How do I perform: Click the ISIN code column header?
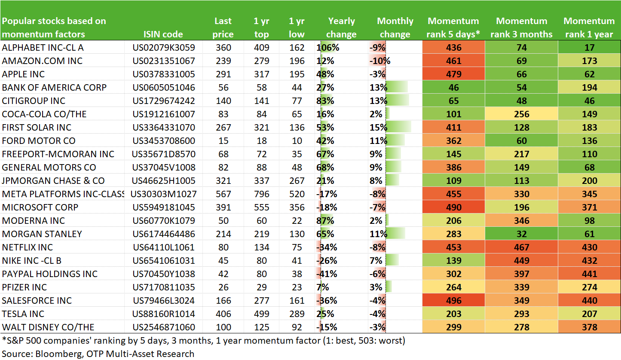[163, 34]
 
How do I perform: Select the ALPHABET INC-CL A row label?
[43, 47]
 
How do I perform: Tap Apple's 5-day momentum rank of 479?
[453, 74]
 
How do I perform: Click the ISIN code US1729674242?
[164, 101]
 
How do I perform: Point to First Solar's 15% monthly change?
[378, 127]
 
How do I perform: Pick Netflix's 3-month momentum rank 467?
[521, 247]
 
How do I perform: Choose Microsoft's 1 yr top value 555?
[261, 207]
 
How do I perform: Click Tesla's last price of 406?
[223, 314]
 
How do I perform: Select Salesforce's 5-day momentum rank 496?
[453, 300]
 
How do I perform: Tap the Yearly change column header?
[341, 27]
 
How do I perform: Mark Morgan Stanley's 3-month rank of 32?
[521, 234]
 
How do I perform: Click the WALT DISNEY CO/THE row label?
[48, 327]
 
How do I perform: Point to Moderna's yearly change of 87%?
[325, 221]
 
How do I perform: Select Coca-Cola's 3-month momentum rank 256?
[521, 114]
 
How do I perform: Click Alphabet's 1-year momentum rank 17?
[589, 47]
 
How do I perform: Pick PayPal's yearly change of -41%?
[327, 274]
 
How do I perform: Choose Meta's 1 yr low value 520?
[297, 194]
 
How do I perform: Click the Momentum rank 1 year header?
[589, 27]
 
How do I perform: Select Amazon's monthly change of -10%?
[380, 61]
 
